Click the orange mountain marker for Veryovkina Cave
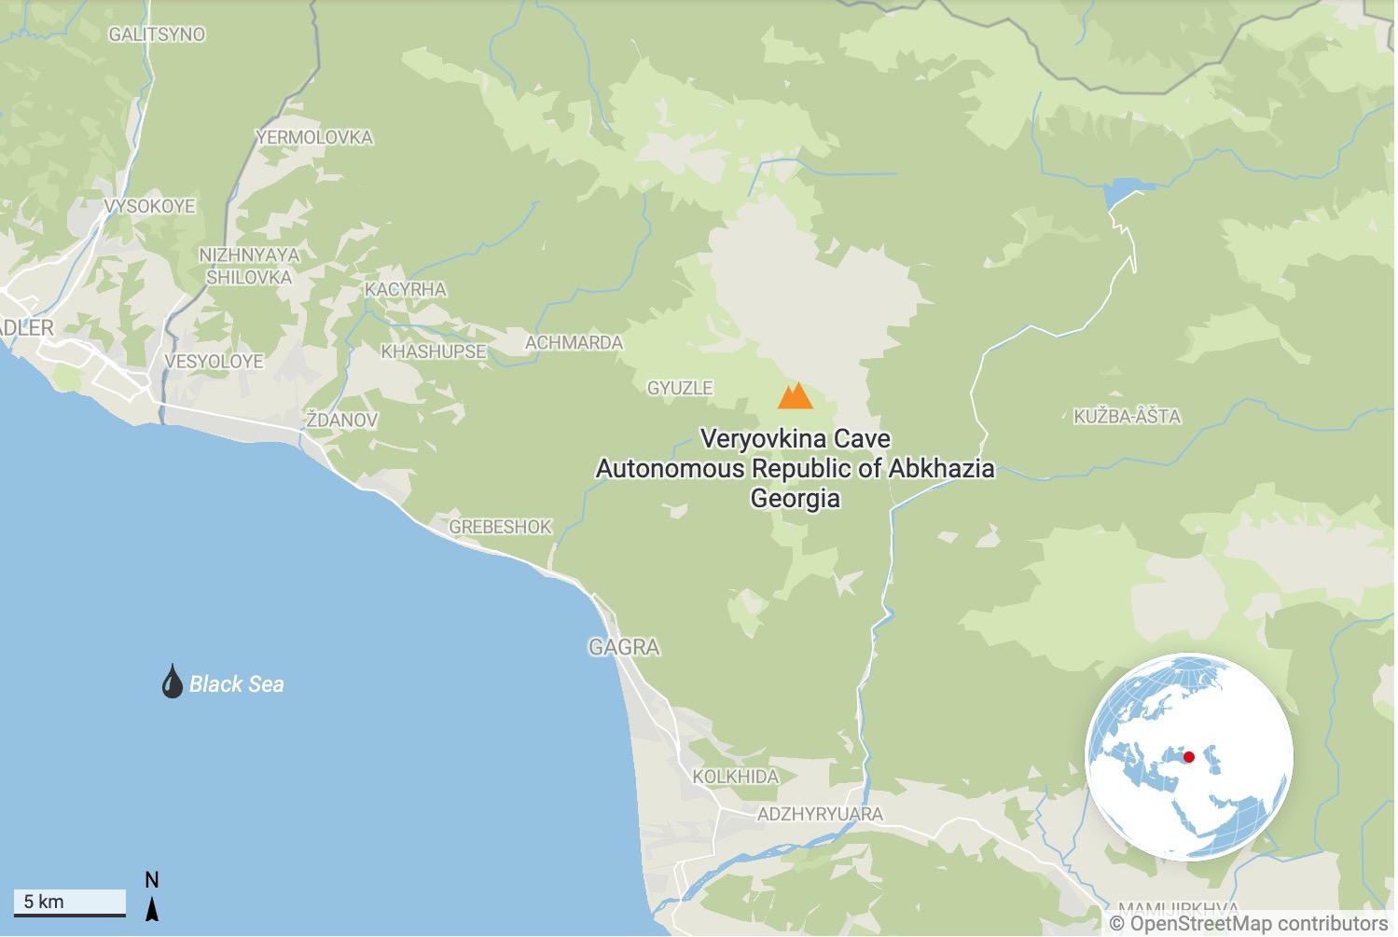(795, 396)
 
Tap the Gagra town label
(624, 647)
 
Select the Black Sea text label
(236, 684)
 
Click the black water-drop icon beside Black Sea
(172, 682)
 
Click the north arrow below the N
(152, 908)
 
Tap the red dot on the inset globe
(1188, 757)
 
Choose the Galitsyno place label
(157, 34)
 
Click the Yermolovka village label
(314, 138)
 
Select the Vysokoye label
(149, 206)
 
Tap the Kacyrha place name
(405, 290)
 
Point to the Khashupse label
(433, 352)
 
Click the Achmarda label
(574, 343)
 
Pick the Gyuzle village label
(680, 388)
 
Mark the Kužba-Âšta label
(1127, 417)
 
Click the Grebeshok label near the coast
(500, 528)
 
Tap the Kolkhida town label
(735, 777)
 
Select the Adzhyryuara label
(820, 814)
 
